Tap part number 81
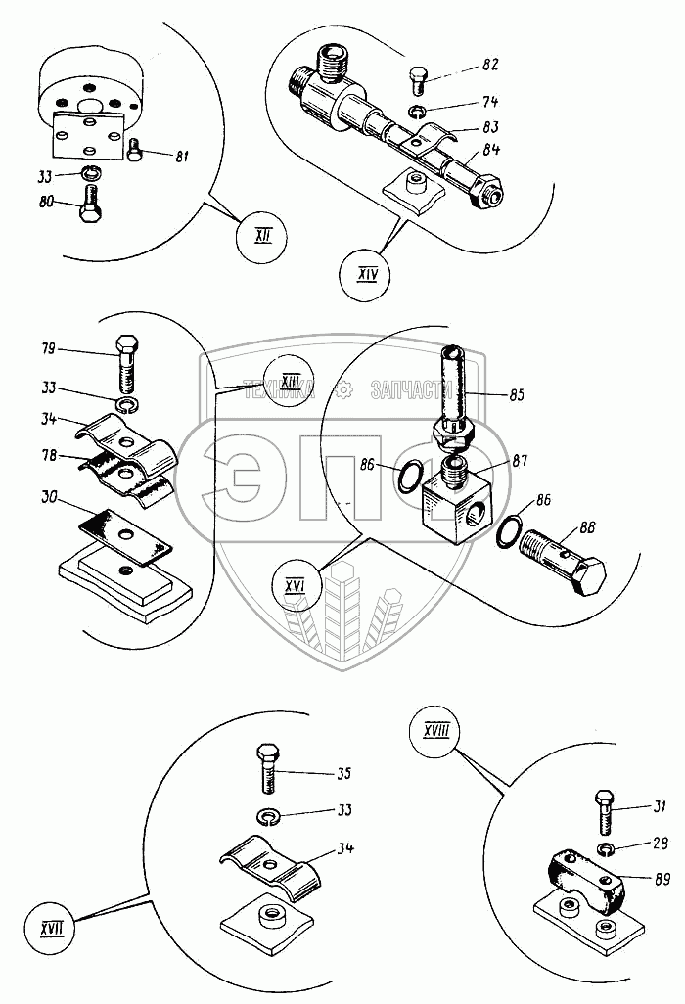point(181,156)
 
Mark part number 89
point(662,880)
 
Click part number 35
point(343,773)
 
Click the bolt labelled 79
point(127,364)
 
